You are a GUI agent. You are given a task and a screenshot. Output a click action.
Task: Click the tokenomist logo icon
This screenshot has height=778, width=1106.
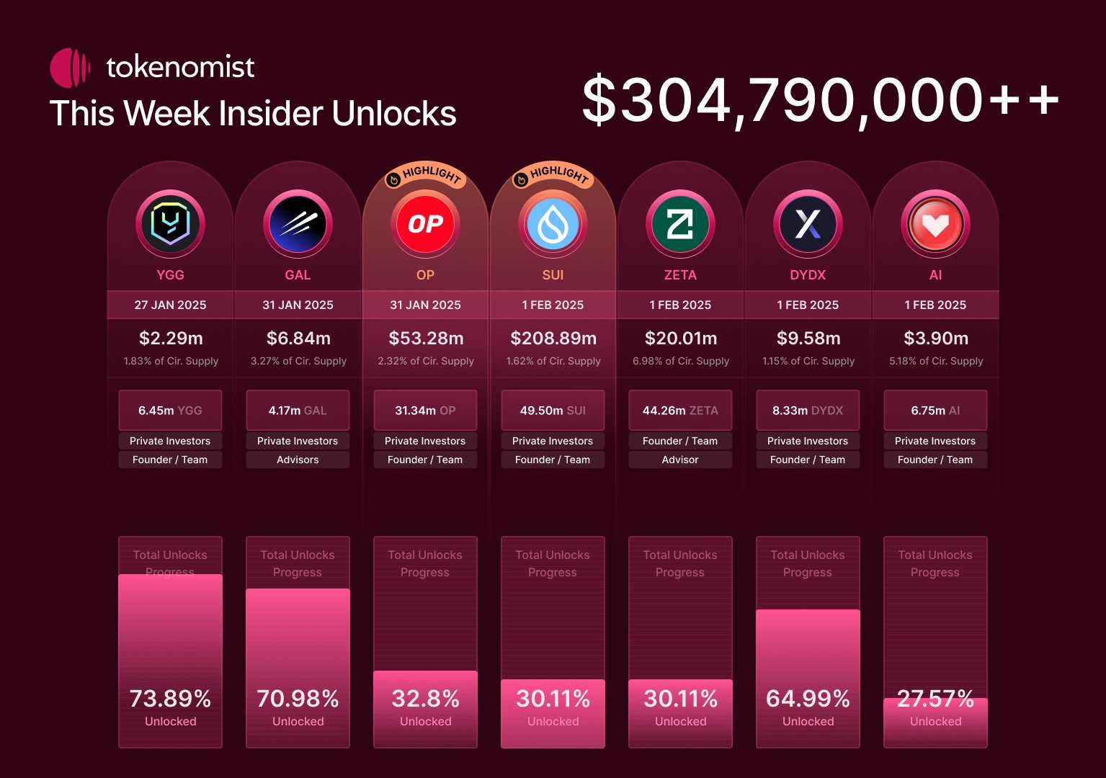(69, 68)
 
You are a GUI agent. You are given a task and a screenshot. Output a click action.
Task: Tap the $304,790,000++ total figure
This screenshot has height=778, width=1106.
(820, 101)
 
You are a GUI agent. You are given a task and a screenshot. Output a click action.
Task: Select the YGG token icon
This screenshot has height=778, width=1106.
(170, 224)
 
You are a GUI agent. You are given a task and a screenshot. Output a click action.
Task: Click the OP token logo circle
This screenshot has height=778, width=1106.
(425, 224)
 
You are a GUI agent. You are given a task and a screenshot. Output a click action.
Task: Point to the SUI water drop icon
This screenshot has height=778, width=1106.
(553, 224)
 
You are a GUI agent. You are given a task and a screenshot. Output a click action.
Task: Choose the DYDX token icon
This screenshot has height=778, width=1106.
(808, 224)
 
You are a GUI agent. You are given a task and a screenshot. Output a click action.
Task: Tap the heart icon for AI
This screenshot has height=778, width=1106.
(935, 224)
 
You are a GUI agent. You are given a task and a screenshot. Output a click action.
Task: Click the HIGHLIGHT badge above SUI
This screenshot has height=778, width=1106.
(553, 175)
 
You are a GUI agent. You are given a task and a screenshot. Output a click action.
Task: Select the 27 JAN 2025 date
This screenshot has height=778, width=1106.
(170, 305)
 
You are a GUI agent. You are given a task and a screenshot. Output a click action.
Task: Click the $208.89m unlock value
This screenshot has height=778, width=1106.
(553, 338)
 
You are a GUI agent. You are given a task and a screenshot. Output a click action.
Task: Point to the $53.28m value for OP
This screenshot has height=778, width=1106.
(425, 338)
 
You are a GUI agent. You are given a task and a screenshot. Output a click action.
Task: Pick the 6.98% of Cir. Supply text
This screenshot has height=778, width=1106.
(680, 361)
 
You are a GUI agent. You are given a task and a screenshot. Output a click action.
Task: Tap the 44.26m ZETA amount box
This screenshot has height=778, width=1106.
(680, 410)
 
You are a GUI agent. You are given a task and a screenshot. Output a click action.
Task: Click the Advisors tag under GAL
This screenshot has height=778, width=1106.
(298, 460)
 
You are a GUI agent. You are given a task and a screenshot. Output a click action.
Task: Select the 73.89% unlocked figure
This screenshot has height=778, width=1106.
(170, 698)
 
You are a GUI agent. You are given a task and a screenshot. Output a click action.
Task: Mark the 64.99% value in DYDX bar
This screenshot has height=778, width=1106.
(808, 698)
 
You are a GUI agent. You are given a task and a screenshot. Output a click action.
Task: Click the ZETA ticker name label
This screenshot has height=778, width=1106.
(680, 274)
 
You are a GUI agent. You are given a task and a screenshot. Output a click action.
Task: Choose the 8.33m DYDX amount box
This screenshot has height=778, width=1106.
(808, 410)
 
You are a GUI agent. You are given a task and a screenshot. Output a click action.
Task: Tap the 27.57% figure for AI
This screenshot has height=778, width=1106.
(935, 698)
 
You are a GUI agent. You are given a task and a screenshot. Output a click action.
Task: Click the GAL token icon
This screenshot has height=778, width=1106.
(298, 224)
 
